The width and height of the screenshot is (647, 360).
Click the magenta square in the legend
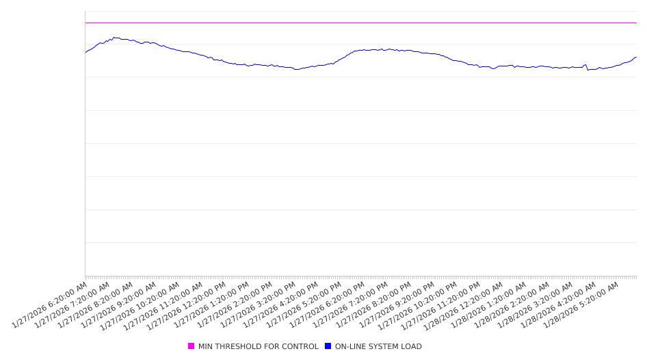click(x=192, y=346)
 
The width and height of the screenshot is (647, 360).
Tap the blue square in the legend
click(x=328, y=346)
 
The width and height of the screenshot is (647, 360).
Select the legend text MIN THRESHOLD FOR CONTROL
click(x=258, y=346)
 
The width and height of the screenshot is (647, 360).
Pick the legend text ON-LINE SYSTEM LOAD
click(x=378, y=346)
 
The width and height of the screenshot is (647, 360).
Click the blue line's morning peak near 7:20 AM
click(x=114, y=38)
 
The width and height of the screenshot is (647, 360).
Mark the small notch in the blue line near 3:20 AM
click(x=587, y=69)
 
